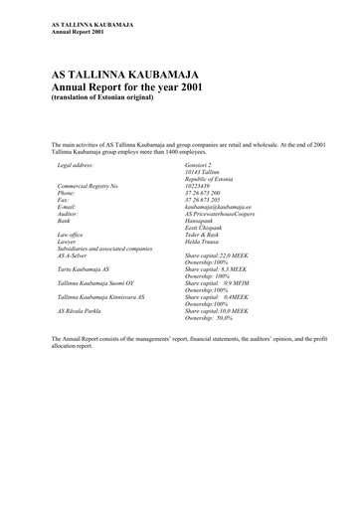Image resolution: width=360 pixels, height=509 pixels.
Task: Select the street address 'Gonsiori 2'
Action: [x=202, y=163]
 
